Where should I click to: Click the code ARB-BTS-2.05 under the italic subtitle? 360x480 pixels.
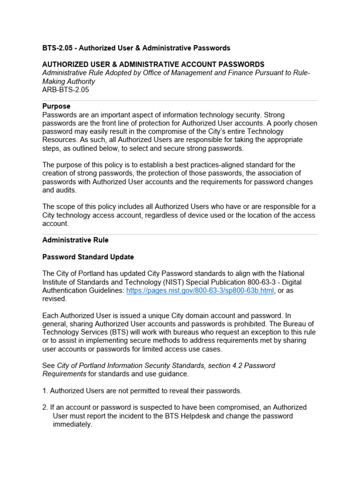coord(66,90)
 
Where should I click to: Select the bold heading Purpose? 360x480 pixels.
coord(56,106)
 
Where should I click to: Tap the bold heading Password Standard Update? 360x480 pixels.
coord(88,257)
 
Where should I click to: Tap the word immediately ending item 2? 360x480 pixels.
coord(73,425)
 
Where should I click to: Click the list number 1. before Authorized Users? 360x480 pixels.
coord(45,390)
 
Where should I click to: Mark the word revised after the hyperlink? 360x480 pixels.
coord(54,299)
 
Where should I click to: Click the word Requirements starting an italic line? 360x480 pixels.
coord(64,374)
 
